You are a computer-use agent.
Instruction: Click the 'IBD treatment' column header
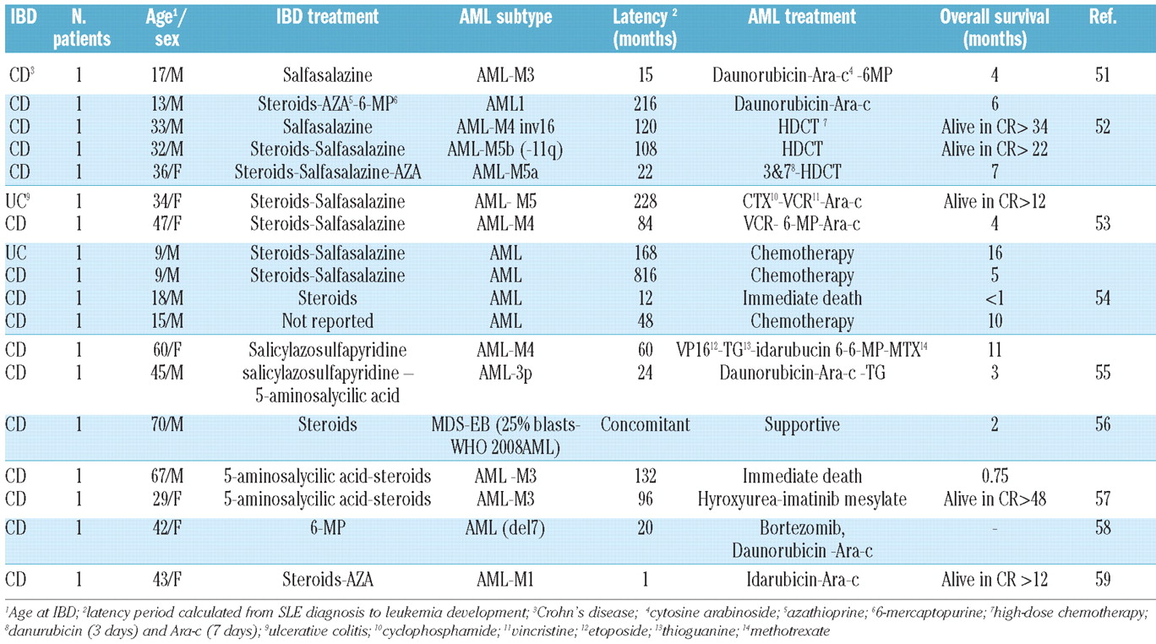(x=327, y=17)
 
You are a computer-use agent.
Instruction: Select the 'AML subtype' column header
(x=505, y=17)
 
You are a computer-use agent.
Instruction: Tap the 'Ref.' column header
(x=1103, y=17)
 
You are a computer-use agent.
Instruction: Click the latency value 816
(x=645, y=275)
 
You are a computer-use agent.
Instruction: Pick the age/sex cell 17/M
(x=167, y=75)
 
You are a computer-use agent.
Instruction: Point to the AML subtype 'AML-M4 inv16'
(x=505, y=127)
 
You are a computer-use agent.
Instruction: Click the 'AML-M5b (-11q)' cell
(x=505, y=149)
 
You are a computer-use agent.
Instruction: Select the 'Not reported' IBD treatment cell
(x=327, y=321)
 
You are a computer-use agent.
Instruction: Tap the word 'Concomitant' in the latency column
(x=645, y=424)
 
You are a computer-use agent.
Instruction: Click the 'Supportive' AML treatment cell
(x=802, y=425)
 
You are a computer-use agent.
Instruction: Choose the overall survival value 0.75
(x=995, y=476)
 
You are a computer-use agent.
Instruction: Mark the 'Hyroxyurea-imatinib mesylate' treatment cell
(x=802, y=499)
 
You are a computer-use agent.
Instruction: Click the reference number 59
(x=1103, y=580)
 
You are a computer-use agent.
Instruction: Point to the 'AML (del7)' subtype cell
(x=505, y=528)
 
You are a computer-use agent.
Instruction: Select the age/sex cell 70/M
(x=167, y=424)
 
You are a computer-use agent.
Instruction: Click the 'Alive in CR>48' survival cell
(x=995, y=499)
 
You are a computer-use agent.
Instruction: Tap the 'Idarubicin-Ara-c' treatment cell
(x=802, y=580)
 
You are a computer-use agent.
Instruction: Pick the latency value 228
(x=645, y=201)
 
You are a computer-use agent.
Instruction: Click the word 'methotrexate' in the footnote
(x=789, y=631)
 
